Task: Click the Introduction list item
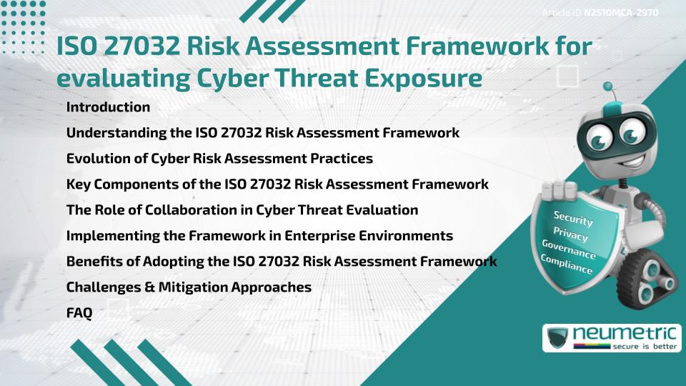tap(108, 107)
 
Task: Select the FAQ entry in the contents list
tap(79, 312)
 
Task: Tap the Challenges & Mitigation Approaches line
tap(189, 287)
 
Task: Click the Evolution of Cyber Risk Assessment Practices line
tap(219, 158)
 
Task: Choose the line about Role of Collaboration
tap(242, 209)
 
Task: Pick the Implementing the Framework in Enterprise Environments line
tap(259, 235)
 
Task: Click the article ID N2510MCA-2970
tap(620, 12)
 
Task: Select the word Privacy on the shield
tap(570, 234)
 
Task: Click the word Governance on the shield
tap(569, 249)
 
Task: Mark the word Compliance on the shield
tap(567, 264)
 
